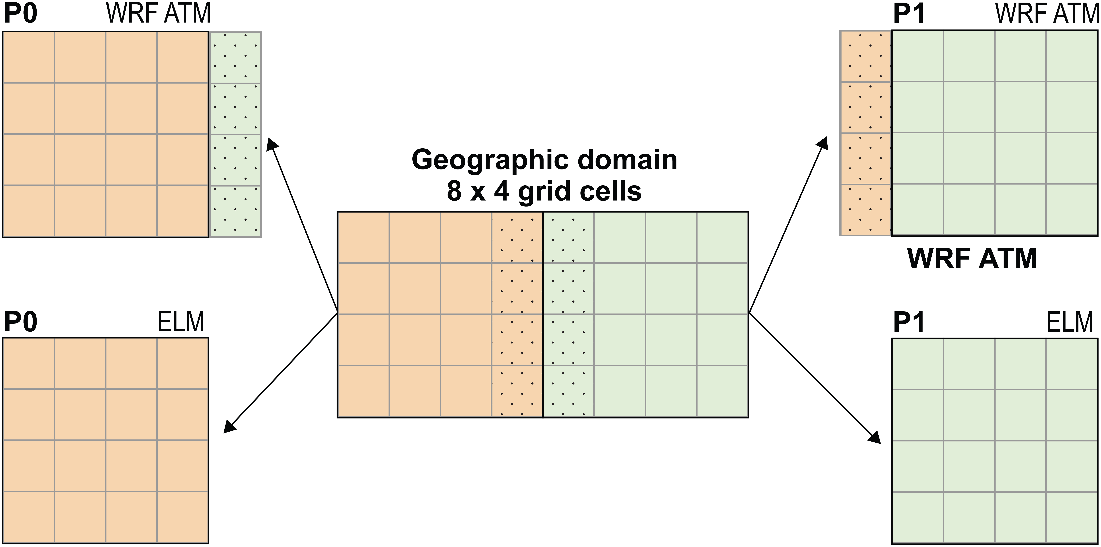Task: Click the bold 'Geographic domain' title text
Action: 544,160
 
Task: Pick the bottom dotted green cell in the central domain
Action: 568,391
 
